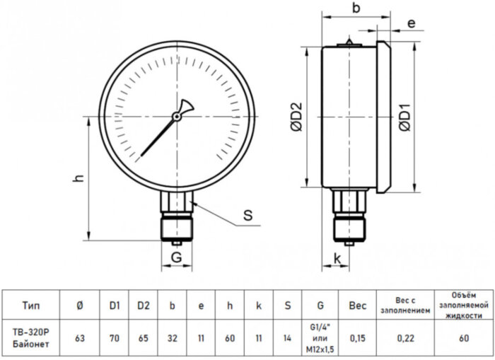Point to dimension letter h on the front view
click(x=80, y=179)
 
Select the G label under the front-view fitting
click(x=177, y=259)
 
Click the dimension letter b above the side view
click(x=356, y=9)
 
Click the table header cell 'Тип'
click(x=31, y=306)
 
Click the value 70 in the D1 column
click(x=113, y=338)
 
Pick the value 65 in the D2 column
click(x=144, y=338)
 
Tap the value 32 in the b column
click(x=173, y=338)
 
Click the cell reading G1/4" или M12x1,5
click(x=320, y=338)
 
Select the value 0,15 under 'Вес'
click(x=358, y=338)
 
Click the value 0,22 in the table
click(x=407, y=338)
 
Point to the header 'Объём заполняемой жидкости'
click(x=464, y=305)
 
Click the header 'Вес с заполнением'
click(x=407, y=305)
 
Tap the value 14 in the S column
click(x=287, y=338)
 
